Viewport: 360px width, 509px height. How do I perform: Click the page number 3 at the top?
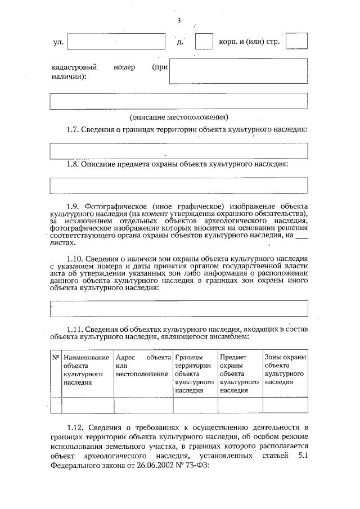coord(178,21)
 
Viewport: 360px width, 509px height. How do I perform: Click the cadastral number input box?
coord(238,71)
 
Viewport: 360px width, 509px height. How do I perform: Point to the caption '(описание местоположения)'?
coord(179,118)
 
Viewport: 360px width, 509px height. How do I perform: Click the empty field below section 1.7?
coord(179,151)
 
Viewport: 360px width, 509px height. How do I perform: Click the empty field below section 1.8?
coord(179,185)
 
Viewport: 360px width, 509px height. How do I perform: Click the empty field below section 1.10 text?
coord(179,308)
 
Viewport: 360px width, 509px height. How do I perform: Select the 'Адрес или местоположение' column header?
coord(142,366)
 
